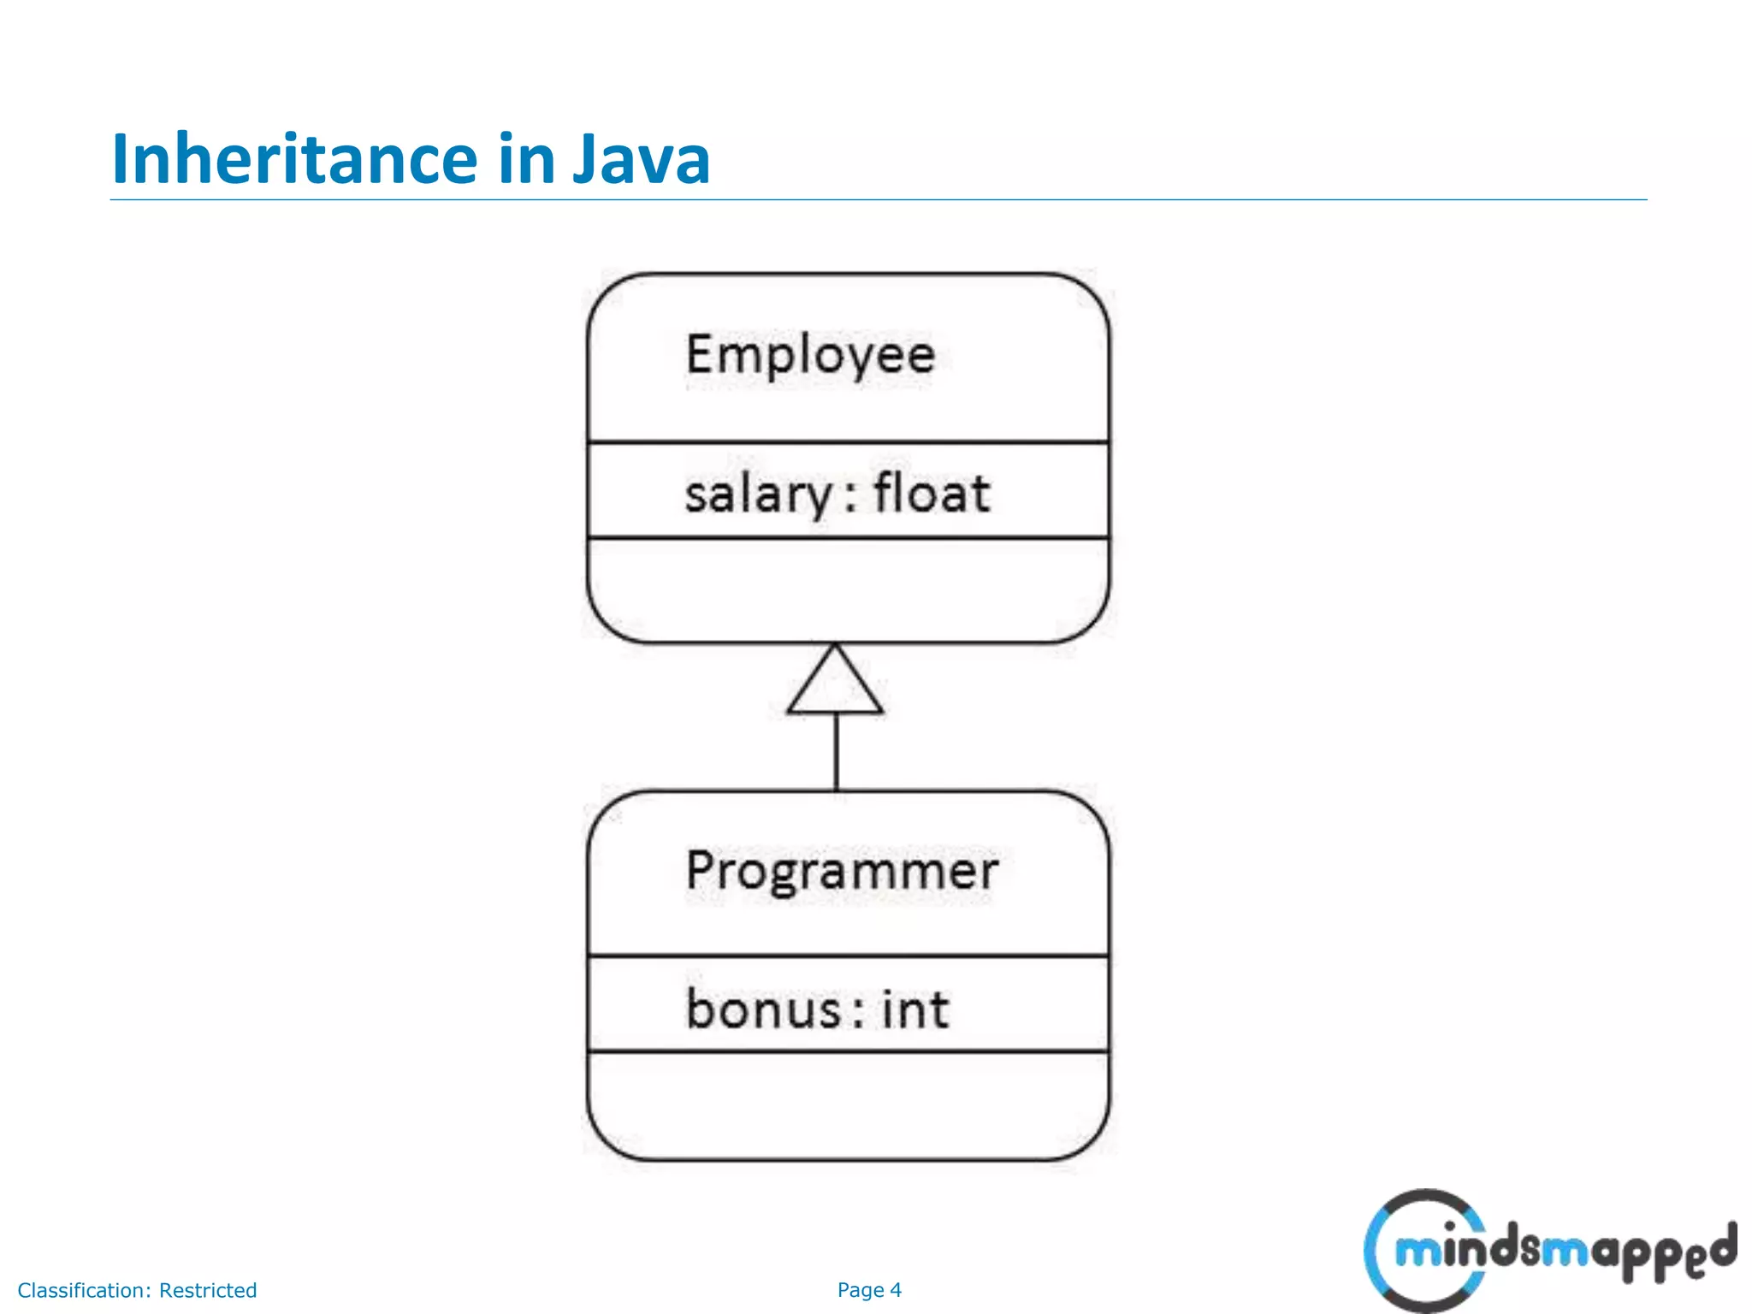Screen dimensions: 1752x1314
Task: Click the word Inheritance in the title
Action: (x=294, y=159)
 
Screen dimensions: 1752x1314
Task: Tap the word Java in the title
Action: (x=641, y=159)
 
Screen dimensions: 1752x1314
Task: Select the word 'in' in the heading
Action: (x=525, y=159)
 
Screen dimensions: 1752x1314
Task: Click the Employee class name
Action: (x=810, y=355)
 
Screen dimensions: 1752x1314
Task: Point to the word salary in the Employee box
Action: (x=758, y=495)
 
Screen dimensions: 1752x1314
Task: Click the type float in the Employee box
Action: (x=932, y=494)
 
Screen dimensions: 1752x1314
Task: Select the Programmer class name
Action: (x=842, y=872)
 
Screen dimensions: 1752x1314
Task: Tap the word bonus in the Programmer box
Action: (x=763, y=1009)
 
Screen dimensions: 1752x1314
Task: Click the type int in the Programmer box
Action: (x=915, y=1009)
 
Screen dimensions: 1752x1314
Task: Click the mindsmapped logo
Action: (x=1548, y=1251)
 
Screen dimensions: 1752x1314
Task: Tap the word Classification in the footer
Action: (x=84, y=1290)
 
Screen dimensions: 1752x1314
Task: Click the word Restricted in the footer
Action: (x=208, y=1290)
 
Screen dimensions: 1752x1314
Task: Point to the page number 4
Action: (x=896, y=1290)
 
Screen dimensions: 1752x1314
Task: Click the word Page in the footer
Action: (x=860, y=1290)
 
